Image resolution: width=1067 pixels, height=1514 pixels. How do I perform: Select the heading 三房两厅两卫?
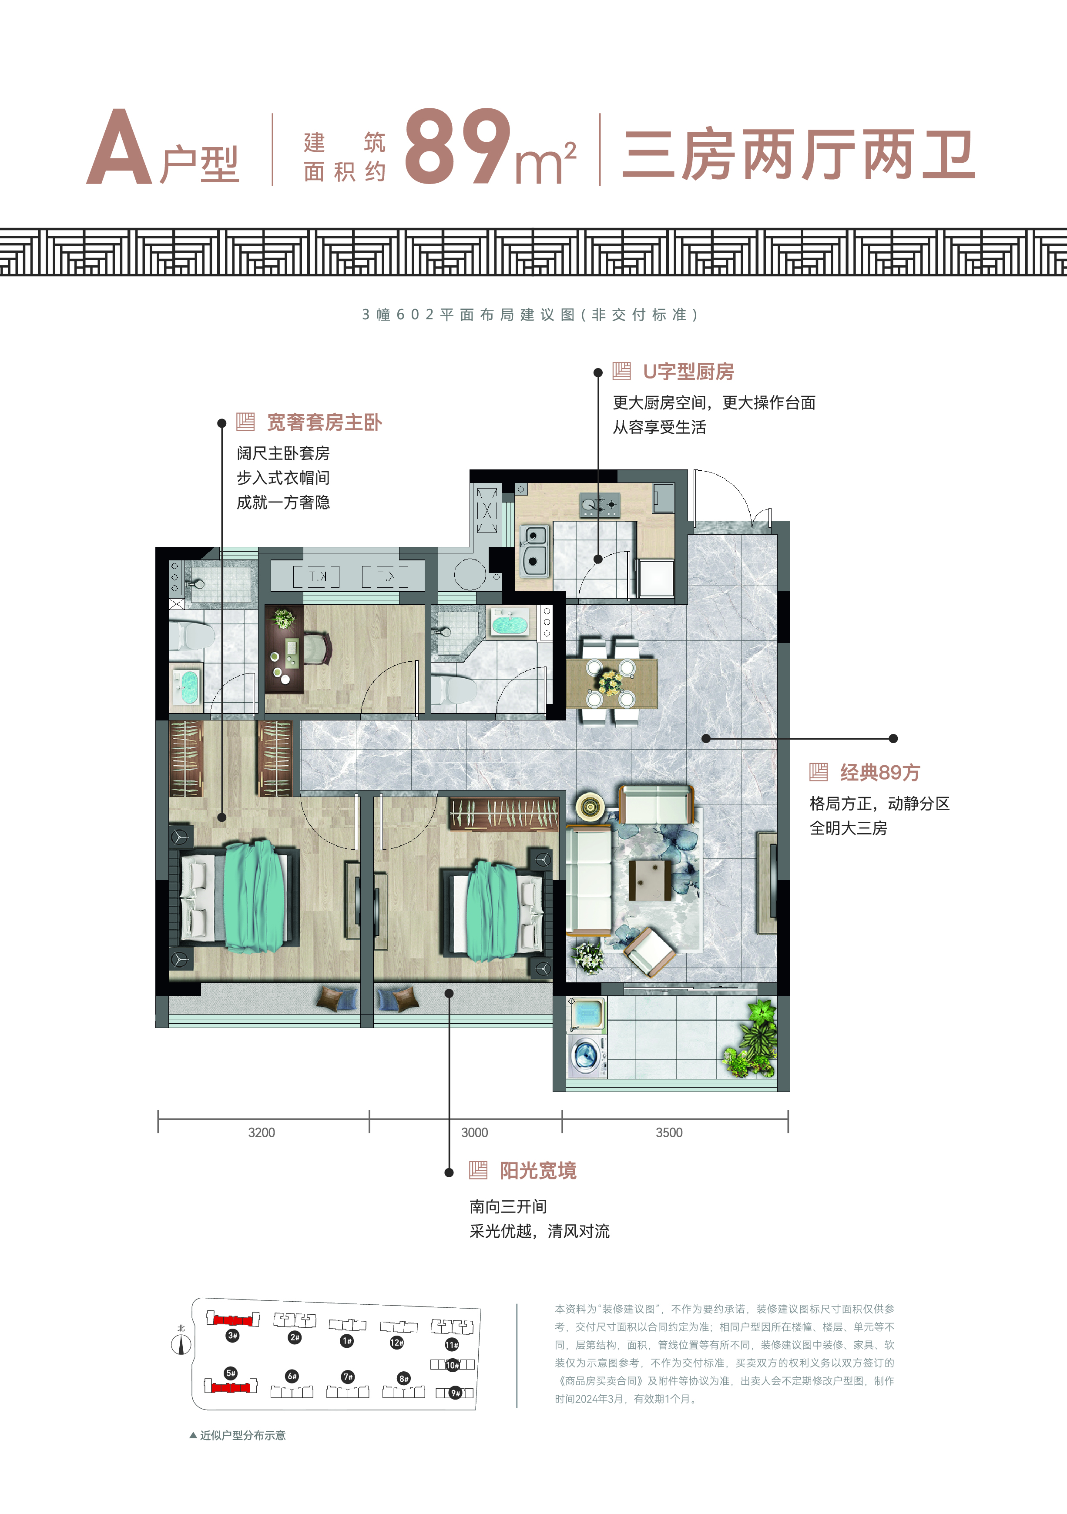pyautogui.click(x=799, y=155)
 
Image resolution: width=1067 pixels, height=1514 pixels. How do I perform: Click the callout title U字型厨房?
pyautogui.click(x=688, y=372)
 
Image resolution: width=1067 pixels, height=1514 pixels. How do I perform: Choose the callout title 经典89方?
pyautogui.click(x=880, y=772)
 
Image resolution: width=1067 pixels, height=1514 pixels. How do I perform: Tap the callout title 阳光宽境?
pyautogui.click(x=538, y=1170)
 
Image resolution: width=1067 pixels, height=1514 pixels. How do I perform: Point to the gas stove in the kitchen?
pyautogui.click(x=600, y=505)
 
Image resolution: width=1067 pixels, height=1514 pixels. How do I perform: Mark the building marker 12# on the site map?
pyautogui.click(x=396, y=1343)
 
